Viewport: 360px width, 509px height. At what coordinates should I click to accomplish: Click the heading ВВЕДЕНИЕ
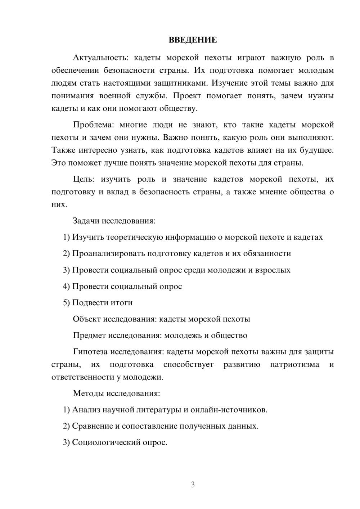coord(193,40)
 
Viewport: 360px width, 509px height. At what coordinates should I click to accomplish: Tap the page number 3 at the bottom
coord(193,485)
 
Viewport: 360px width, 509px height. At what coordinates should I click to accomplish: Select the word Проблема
coord(93,125)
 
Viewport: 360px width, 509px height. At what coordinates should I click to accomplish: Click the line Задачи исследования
coord(114,221)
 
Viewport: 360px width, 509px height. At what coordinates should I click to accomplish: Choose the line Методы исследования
coord(116,393)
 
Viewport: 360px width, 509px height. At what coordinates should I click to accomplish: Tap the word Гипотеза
coord(90,352)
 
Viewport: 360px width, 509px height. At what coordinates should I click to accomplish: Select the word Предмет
coord(89,335)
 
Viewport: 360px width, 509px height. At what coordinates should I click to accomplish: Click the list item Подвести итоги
coord(102,303)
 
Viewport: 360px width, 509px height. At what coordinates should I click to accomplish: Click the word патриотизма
coord(294,365)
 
